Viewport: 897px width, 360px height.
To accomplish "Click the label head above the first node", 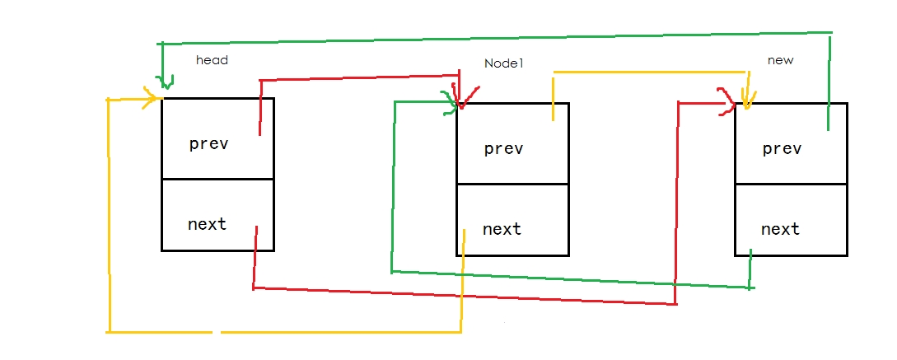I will point(212,60).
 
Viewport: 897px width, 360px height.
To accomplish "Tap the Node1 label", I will point(504,63).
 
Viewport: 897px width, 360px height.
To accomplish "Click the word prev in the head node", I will point(208,143).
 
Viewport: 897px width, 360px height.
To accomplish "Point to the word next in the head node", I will point(207,223).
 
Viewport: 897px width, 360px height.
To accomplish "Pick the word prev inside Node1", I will point(503,148).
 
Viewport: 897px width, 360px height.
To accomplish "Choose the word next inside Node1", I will point(502,228).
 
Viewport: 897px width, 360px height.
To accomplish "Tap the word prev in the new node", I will point(782,148).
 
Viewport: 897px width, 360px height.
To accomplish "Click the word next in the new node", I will point(780,228).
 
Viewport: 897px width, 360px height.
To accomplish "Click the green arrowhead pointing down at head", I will point(165,83).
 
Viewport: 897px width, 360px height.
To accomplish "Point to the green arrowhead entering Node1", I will point(451,102).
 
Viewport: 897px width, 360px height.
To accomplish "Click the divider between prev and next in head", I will point(217,179).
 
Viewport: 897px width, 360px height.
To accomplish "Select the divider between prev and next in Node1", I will point(512,185).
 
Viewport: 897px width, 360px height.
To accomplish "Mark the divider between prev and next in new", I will point(791,185).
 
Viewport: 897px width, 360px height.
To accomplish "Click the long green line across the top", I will point(494,37).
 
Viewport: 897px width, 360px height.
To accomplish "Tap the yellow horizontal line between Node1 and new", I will point(651,72).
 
